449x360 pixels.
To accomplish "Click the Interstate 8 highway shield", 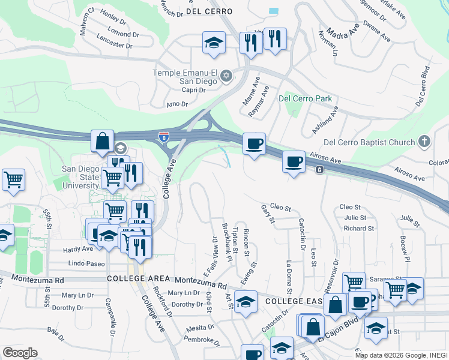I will [164, 138].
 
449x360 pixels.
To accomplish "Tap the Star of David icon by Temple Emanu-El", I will [226, 76].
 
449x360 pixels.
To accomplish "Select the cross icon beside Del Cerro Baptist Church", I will [424, 142].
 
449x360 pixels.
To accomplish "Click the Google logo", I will [20, 353].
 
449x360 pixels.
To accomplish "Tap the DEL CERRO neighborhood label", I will [203, 11].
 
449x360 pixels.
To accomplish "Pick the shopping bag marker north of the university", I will [103, 142].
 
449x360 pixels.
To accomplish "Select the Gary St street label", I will [268, 214].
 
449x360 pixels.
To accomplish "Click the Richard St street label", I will [359, 229].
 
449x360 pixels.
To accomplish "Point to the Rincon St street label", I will [246, 242].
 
